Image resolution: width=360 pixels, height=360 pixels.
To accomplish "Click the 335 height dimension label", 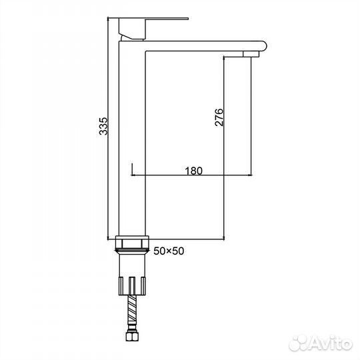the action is tap(103, 126).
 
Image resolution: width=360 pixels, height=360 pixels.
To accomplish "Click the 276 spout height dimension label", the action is tap(219, 117).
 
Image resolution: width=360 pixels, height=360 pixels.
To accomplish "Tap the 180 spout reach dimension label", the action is tap(194, 171).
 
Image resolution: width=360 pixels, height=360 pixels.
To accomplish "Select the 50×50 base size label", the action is tap(169, 251).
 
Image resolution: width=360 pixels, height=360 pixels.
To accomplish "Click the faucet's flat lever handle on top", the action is tap(148, 19).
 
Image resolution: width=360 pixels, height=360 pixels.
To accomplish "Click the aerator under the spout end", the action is tap(251, 54).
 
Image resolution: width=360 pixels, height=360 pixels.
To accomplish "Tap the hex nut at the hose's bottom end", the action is tap(132, 336).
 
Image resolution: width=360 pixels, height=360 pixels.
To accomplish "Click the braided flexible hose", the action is tap(132, 309).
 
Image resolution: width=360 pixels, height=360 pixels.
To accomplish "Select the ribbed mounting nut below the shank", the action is tap(132, 286).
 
